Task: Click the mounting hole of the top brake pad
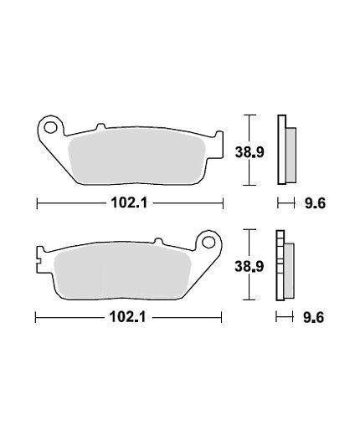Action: tap(50, 128)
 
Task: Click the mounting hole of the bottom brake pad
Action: tap(208, 242)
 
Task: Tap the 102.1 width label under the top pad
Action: tap(129, 202)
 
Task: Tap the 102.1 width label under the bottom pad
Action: tap(127, 317)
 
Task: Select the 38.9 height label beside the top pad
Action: tap(249, 152)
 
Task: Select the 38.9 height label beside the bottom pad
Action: tap(249, 267)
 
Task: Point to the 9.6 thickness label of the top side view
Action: tap(315, 203)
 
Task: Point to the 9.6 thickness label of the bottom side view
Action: tap(313, 318)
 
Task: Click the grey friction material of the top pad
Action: tap(136, 156)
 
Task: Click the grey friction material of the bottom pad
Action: tap(123, 271)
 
